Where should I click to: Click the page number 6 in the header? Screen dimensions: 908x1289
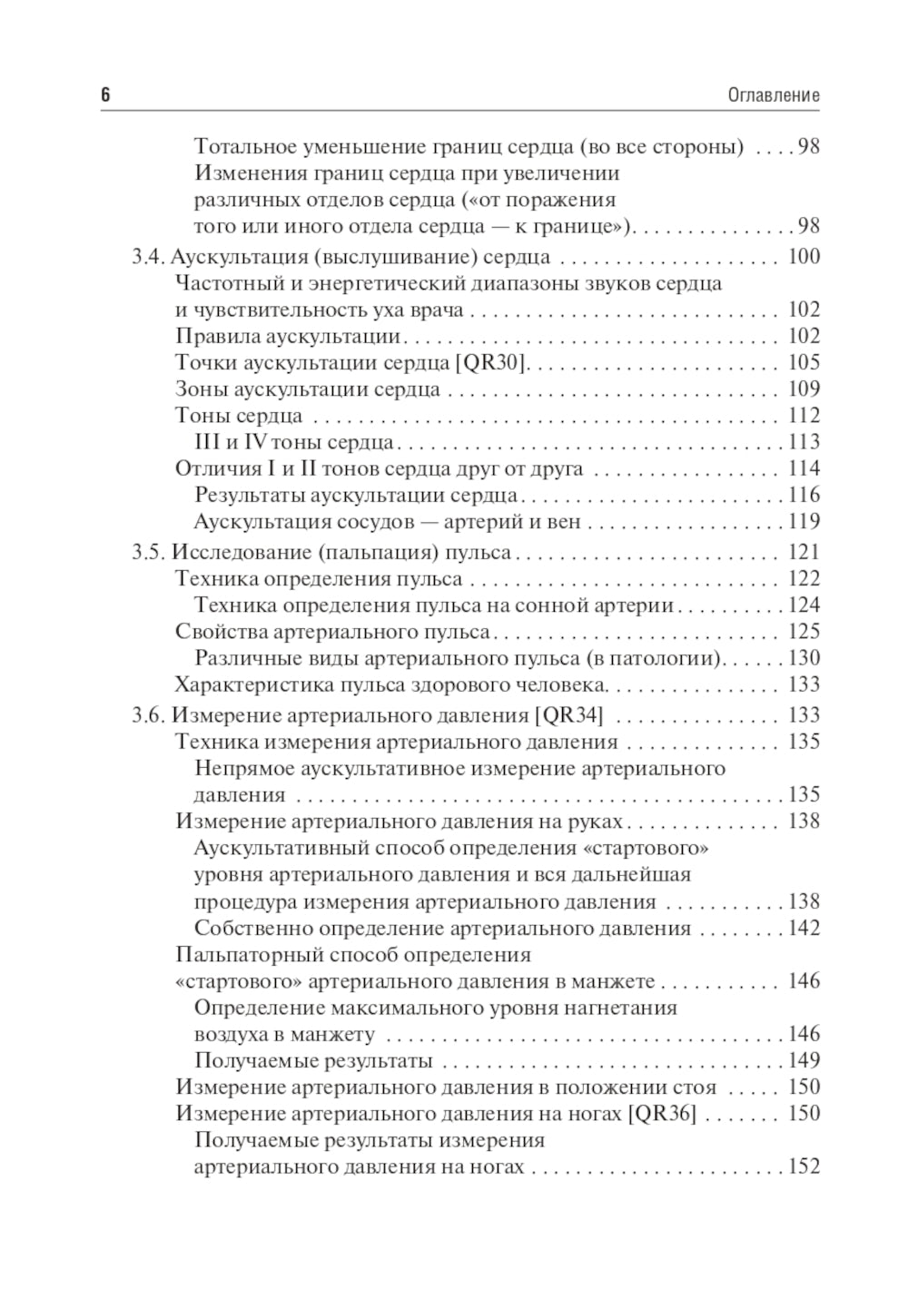[105, 95]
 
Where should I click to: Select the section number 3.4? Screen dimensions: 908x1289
[148, 257]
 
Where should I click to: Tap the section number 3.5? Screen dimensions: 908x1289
[148, 553]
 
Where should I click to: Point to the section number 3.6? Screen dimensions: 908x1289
[148, 715]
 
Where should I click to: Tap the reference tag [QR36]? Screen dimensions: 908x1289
[661, 1114]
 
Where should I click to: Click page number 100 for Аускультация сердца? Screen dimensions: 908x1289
[804, 257]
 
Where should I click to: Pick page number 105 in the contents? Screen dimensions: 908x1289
[804, 363]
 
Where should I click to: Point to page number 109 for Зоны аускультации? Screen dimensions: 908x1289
[804, 389]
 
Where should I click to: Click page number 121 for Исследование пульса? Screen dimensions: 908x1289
[804, 553]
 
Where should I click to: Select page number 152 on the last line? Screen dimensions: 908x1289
[804, 1166]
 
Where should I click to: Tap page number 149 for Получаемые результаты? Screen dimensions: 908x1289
[804, 1060]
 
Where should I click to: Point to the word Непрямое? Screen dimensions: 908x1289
[242, 769]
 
